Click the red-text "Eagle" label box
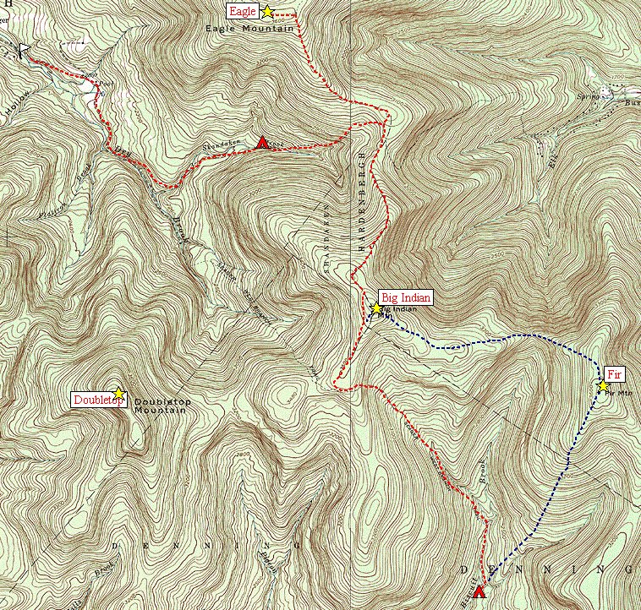tap(240, 11)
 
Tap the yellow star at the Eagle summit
tap(267, 12)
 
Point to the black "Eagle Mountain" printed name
tap(249, 29)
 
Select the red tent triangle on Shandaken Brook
tap(263, 143)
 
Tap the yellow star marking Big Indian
tap(376, 308)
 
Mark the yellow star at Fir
tap(602, 386)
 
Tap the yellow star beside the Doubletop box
tap(119, 394)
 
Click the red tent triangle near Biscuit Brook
tap(479, 591)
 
